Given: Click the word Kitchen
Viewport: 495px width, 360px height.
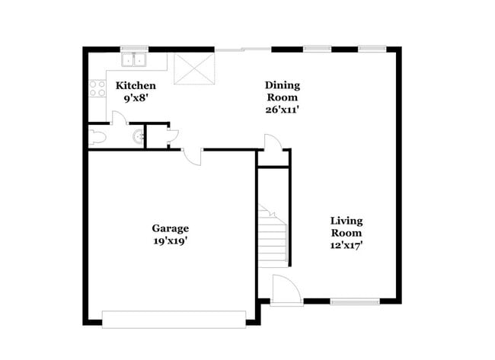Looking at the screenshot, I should [136, 85].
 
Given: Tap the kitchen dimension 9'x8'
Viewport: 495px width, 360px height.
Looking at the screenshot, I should [136, 97].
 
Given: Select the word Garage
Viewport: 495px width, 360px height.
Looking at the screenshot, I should [171, 228].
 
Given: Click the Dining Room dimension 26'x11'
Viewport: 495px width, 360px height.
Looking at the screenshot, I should [282, 109].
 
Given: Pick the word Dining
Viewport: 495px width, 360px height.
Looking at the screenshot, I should [282, 84].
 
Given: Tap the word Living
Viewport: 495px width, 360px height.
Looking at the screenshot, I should [346, 221].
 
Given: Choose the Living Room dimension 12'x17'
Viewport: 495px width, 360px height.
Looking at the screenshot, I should [346, 245].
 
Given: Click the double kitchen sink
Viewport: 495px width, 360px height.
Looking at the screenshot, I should [134, 60].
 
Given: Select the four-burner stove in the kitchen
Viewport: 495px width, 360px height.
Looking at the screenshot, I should [97, 88].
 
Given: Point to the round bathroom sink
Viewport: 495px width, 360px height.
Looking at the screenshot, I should [138, 137].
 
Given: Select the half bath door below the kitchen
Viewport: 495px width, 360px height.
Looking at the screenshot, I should [118, 118].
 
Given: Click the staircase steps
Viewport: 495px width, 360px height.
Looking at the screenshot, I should [272, 240].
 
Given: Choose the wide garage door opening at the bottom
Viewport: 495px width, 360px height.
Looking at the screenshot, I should [174, 318].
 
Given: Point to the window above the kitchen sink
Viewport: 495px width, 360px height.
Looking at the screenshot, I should [134, 49].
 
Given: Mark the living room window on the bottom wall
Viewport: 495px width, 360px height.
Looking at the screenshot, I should [355, 301].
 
